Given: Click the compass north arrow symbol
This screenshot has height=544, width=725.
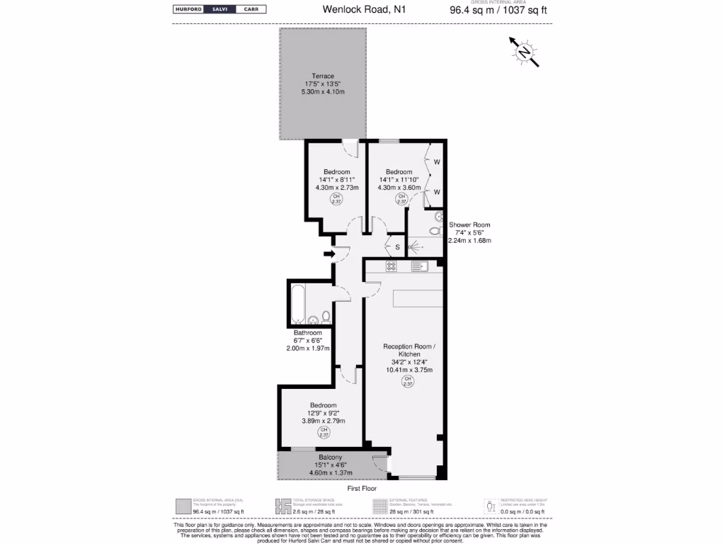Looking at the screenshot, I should [x=524, y=52].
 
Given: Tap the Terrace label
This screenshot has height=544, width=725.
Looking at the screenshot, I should [x=323, y=76].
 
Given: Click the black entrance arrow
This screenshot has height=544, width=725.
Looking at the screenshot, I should [x=329, y=254].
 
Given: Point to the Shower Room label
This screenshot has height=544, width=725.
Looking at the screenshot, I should [x=469, y=225].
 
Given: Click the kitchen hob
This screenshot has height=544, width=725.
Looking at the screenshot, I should [x=391, y=266].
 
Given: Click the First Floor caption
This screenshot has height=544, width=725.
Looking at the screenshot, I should [x=362, y=489].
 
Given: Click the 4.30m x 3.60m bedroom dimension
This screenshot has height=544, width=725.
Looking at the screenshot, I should [x=399, y=188].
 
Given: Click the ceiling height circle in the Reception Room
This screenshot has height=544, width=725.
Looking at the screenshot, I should [x=407, y=382].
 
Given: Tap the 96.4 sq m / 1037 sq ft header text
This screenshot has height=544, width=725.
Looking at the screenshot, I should [x=498, y=11].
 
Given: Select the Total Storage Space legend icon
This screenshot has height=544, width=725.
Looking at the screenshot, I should [x=283, y=506].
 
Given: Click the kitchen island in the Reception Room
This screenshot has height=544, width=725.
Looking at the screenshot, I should [x=418, y=297].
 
